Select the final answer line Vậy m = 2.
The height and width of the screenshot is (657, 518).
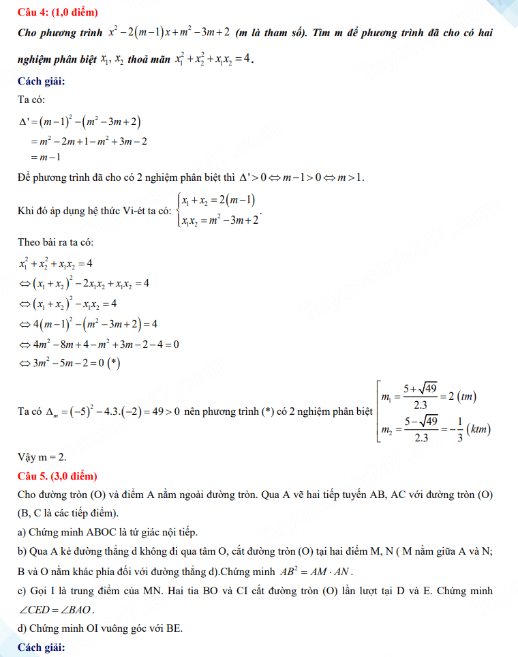(x=42, y=456)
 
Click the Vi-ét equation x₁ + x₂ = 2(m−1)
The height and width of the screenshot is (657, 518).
(x=217, y=201)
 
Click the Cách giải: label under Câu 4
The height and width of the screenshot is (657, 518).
(x=41, y=82)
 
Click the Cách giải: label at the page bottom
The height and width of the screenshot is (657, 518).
(x=41, y=647)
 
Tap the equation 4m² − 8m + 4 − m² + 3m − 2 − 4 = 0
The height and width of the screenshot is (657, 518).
(x=100, y=344)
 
